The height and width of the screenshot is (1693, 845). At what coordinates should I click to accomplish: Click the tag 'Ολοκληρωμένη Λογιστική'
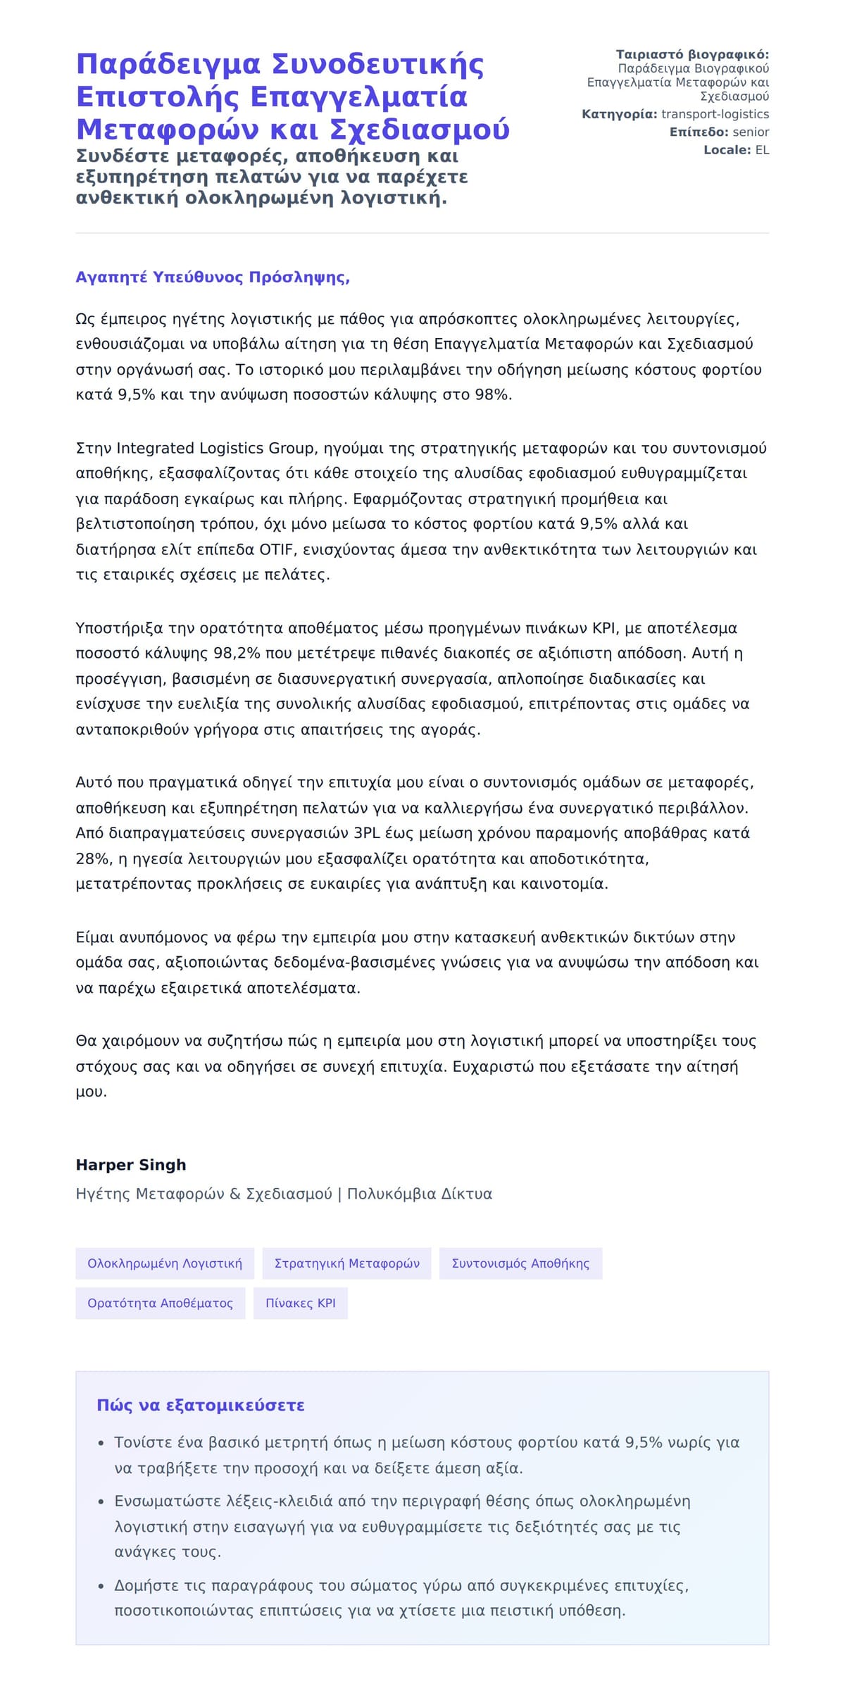(165, 1263)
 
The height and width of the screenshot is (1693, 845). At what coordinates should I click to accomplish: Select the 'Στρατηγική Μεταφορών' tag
(346, 1263)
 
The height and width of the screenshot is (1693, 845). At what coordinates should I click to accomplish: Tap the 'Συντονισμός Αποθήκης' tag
(520, 1263)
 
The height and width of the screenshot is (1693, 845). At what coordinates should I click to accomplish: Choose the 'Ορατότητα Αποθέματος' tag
(160, 1303)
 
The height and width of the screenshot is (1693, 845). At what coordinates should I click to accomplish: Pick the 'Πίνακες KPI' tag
(301, 1303)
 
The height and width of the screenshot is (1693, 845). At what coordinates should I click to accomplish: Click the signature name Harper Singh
(131, 1165)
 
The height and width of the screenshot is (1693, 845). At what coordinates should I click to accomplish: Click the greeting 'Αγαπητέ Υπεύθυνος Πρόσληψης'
(213, 277)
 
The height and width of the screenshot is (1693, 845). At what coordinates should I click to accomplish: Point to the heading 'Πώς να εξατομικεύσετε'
(201, 1405)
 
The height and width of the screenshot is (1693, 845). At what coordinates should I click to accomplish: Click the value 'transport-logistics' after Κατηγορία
(715, 114)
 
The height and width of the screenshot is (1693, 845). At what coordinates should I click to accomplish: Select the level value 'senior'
(751, 132)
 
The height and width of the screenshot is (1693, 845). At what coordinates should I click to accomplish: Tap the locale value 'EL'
(762, 149)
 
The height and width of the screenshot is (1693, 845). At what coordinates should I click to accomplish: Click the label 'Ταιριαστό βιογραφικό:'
(692, 54)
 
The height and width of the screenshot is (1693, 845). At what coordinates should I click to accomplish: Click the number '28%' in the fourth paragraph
(90, 858)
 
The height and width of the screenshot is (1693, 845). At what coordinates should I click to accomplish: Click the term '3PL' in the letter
(367, 833)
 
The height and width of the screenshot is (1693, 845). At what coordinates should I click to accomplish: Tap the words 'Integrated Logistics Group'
(215, 448)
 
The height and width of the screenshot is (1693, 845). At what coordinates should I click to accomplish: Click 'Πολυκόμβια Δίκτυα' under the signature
(420, 1194)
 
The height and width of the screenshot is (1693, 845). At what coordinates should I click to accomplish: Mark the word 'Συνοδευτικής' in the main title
(378, 64)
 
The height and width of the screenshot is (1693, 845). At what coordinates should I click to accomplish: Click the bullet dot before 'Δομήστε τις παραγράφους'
(102, 1586)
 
